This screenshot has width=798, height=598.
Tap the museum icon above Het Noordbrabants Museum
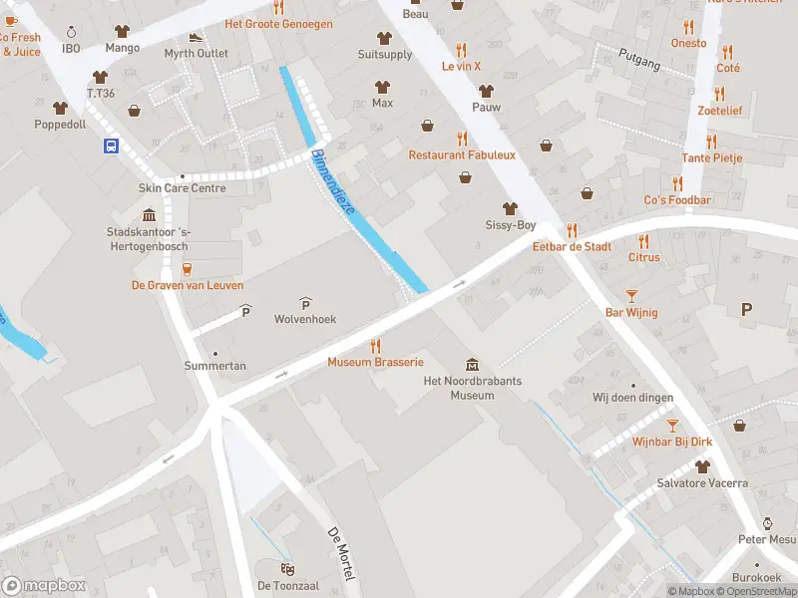coord(472,364)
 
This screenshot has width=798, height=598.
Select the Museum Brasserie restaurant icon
coord(376,345)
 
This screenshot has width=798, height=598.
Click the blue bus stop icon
coord(110,146)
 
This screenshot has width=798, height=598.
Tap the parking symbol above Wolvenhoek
coord(305,303)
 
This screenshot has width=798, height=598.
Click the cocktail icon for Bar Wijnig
coord(630,295)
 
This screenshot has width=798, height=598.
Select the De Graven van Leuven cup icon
coord(187,267)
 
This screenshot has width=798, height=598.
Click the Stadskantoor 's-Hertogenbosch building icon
coord(150,215)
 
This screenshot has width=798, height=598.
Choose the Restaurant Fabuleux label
coord(462,154)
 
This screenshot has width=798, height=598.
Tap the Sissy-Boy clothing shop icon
coord(511,208)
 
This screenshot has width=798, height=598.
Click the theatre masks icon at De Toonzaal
coord(286,568)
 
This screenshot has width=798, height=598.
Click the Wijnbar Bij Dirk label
coord(670,441)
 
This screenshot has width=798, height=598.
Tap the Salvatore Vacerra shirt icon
coord(702,466)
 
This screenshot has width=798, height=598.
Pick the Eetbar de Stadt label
coord(572,246)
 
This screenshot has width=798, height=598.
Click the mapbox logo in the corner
coord(44,586)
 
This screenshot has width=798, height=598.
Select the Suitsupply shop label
coord(385,54)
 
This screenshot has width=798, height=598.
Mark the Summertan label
coord(214,366)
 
